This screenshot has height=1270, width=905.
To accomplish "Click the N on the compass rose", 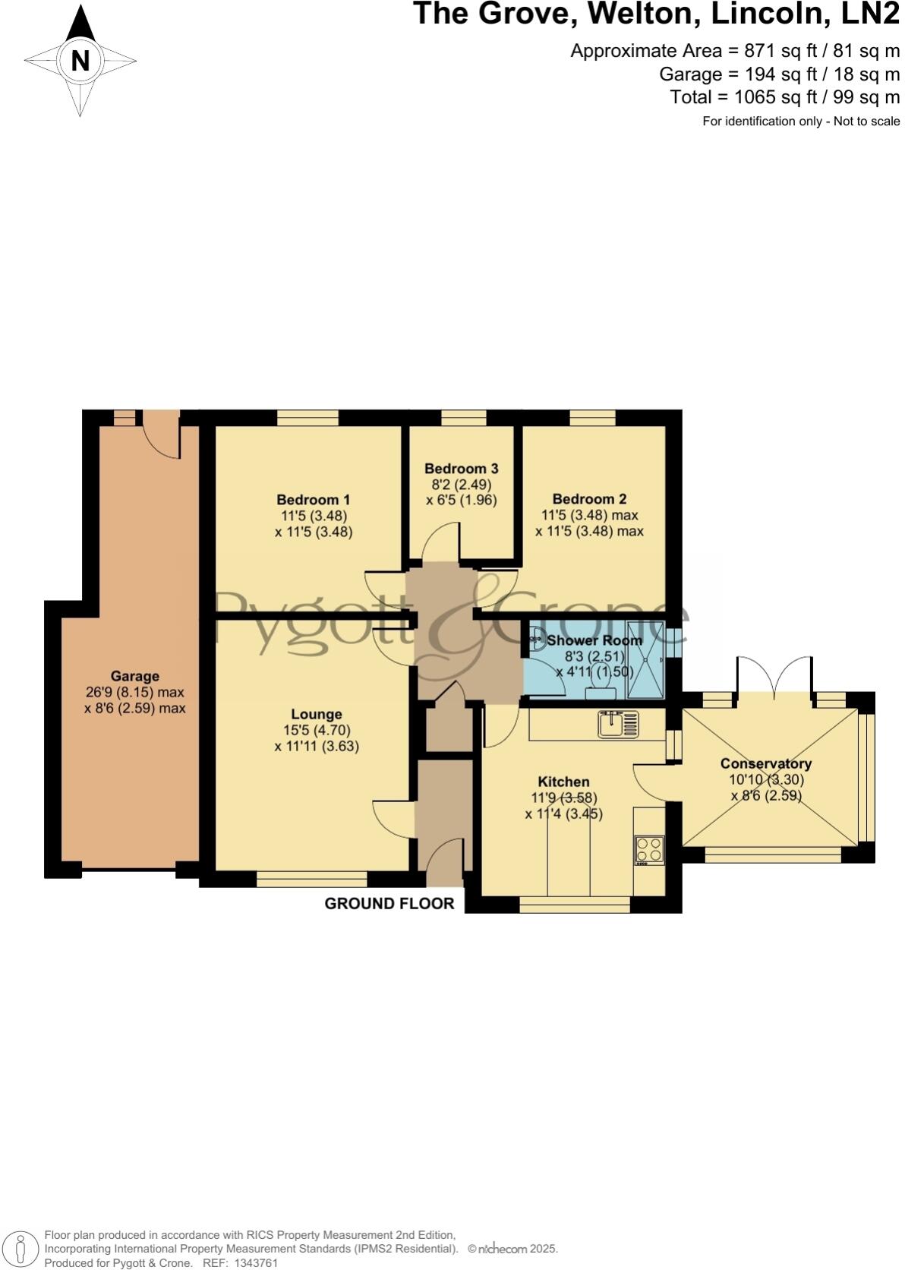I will click(80, 60).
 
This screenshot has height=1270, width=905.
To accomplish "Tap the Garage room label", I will click(135, 676).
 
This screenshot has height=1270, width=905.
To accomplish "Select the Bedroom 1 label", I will click(313, 500).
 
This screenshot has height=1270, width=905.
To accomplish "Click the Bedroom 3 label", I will click(461, 469).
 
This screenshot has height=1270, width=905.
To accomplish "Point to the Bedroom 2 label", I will click(589, 499).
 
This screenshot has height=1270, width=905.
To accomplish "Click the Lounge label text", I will click(317, 714).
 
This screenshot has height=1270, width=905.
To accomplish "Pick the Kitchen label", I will click(563, 782).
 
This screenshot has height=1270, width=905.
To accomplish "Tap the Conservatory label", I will click(765, 763).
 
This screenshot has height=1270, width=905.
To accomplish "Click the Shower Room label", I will click(594, 640).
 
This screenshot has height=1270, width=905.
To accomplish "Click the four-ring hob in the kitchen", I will click(650, 850).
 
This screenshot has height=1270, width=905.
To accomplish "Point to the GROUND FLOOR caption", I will click(389, 903).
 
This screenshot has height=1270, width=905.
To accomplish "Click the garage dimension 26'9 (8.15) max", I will click(135, 692).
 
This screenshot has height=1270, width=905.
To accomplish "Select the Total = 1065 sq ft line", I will click(784, 97).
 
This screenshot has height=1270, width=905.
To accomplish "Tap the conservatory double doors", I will click(774, 676).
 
